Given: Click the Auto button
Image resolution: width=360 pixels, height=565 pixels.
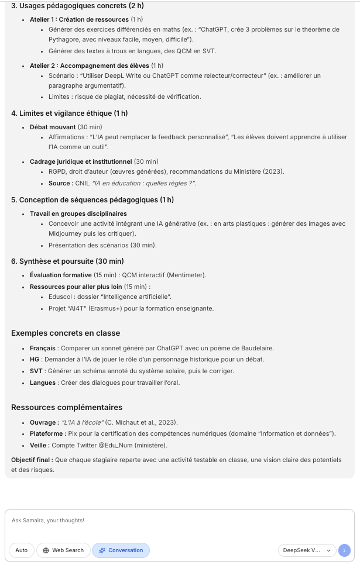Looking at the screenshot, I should pyautogui.click(x=21, y=550).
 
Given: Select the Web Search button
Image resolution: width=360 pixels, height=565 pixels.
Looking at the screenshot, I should pyautogui.click(x=63, y=550).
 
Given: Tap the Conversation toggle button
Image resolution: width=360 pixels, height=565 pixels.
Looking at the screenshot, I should pyautogui.click(x=121, y=550).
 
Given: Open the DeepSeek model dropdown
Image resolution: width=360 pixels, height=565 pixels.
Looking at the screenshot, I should pyautogui.click(x=306, y=550).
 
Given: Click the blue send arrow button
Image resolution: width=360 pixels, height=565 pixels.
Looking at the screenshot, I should pyautogui.click(x=344, y=550).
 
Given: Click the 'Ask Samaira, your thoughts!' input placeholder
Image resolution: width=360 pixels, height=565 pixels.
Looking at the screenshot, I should pyautogui.click(x=48, y=520).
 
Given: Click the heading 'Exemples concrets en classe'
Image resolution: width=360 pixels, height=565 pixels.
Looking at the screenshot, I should pyautogui.click(x=66, y=333).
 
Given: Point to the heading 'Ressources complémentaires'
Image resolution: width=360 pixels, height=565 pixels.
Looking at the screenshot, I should pyautogui.click(x=67, y=407).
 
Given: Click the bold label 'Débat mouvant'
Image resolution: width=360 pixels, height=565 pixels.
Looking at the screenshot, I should pyautogui.click(x=53, y=127).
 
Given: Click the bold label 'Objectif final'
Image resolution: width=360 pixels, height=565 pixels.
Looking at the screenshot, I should pyautogui.click(x=32, y=460).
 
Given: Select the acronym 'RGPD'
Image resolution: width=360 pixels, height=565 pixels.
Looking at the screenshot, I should pyautogui.click(x=57, y=171).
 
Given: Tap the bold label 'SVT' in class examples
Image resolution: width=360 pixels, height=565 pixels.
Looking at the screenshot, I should pyautogui.click(x=35, y=371).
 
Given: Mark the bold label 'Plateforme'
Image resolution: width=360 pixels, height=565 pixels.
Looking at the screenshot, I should pyautogui.click(x=46, y=433).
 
